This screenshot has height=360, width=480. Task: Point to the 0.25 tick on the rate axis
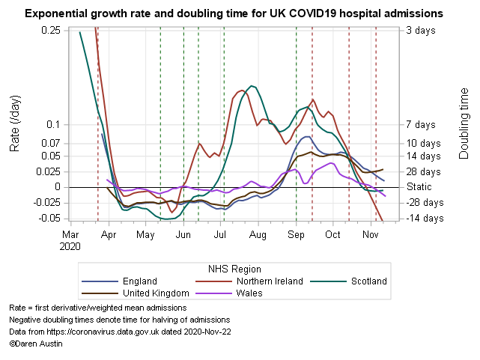coord(51,30)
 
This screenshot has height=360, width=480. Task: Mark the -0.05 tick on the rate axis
coord(49,218)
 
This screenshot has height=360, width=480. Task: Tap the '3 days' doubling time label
coord(421,30)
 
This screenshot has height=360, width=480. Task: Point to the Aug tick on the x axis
coord(258,234)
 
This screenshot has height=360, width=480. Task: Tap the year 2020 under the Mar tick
coord(70,245)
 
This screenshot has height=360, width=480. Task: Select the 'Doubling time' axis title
coord(464,124)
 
